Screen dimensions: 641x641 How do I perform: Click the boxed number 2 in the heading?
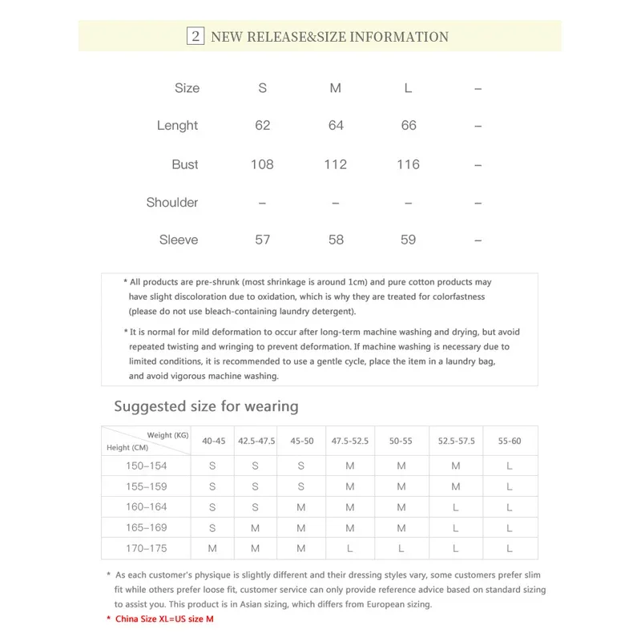195,36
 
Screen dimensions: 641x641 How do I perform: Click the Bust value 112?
336,164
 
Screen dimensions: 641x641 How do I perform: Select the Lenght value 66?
408,126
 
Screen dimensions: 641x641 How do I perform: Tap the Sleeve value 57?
262,240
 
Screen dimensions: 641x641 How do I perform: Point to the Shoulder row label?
172,203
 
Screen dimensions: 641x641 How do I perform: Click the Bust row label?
185,164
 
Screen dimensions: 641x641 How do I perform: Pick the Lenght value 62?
262,126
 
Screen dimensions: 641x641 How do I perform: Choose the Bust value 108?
262,164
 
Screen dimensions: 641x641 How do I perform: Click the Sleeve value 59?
408,240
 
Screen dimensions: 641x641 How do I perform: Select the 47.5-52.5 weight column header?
350,441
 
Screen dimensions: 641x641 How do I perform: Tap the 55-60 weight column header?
510,441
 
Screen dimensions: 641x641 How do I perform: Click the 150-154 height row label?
146,466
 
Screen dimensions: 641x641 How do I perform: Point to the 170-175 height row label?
146,549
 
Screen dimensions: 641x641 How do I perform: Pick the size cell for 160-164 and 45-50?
300,507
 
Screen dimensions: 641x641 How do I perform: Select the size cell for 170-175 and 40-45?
212,549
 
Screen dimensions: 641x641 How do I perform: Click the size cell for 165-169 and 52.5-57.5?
456,528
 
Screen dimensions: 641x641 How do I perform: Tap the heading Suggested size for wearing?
206,406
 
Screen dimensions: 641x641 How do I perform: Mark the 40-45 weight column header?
213,441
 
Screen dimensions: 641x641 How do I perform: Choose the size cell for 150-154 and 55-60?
510,466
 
